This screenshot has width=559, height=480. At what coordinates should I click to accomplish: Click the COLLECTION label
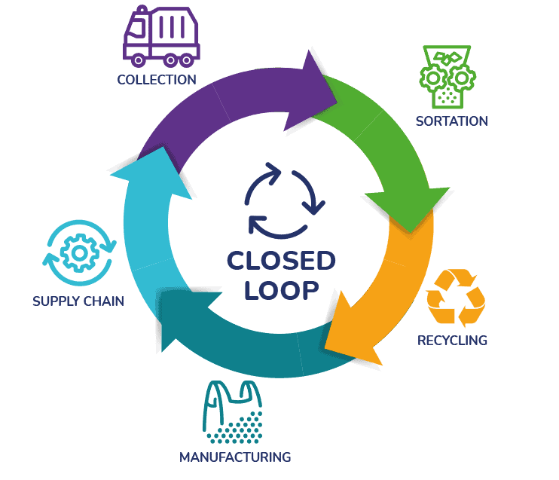click(157, 79)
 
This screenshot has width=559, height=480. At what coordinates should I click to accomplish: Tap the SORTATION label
click(451, 121)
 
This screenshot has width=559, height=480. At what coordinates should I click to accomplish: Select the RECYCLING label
click(452, 340)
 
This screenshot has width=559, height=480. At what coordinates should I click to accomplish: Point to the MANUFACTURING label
click(234, 457)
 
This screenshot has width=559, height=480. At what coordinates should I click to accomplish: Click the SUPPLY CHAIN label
click(78, 301)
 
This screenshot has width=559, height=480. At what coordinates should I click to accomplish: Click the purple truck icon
click(159, 35)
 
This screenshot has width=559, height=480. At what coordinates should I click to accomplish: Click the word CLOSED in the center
click(281, 261)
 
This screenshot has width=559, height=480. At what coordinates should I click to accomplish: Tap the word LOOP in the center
click(280, 289)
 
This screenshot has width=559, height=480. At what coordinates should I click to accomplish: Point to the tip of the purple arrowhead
click(336, 94)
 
